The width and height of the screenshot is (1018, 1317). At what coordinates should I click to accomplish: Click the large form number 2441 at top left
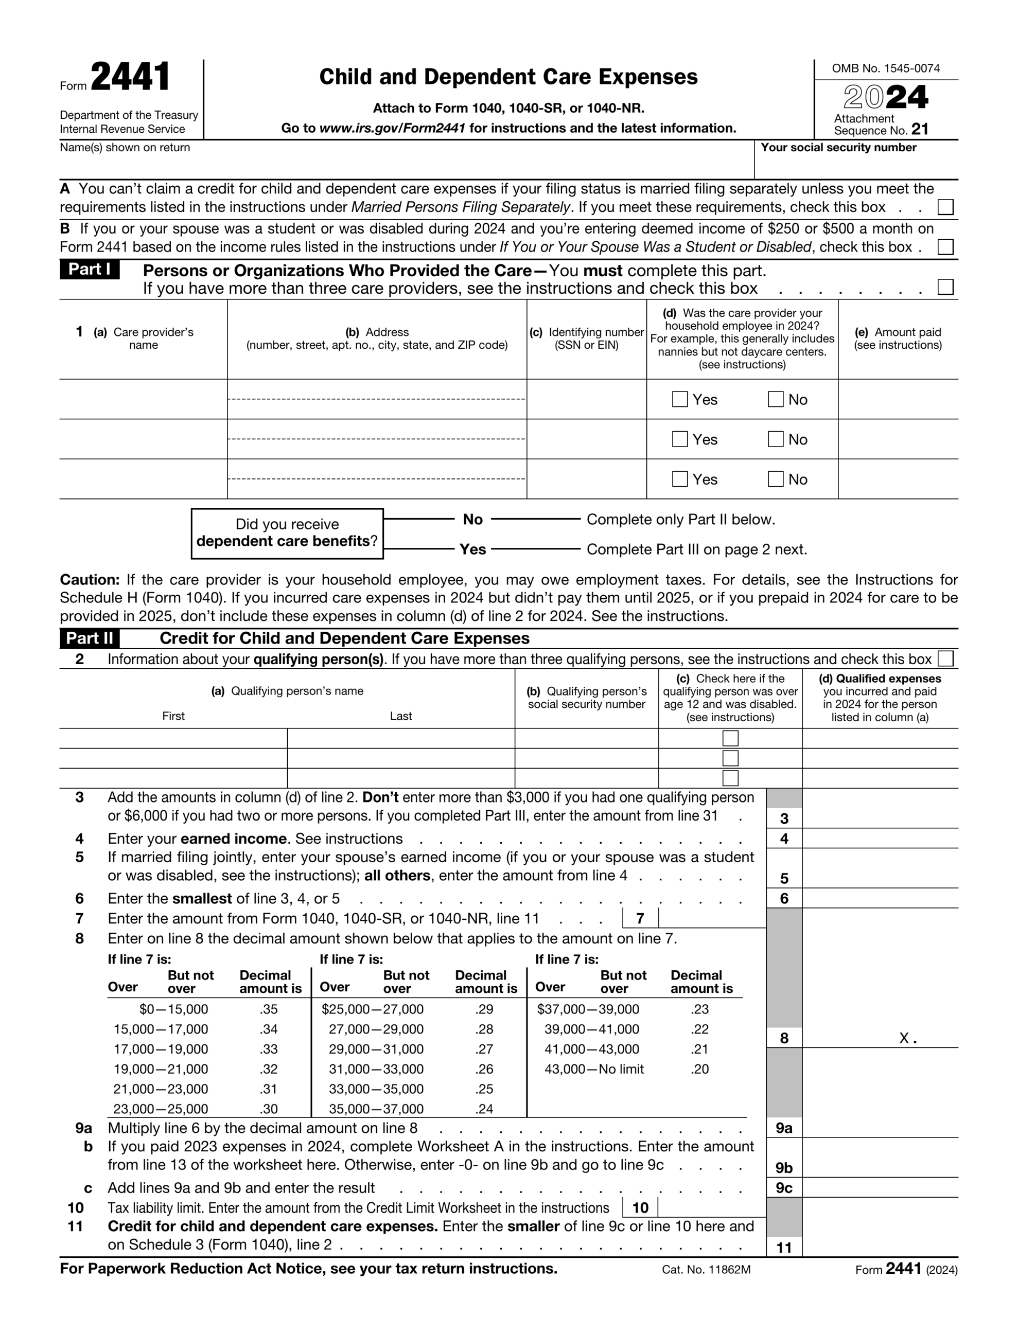(x=130, y=78)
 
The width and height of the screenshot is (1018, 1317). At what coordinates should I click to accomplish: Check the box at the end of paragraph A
(x=945, y=207)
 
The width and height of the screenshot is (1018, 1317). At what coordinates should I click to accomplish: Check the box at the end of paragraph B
(x=945, y=247)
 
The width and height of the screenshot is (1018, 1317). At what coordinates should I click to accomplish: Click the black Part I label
(x=90, y=270)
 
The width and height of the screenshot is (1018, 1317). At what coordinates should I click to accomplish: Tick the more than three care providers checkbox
(x=945, y=287)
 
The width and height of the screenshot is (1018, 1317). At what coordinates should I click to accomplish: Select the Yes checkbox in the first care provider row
(x=679, y=399)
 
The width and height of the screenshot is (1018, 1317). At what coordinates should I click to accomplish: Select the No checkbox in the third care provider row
(x=776, y=479)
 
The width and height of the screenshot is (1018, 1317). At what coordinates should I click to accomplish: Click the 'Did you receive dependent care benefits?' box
(x=287, y=533)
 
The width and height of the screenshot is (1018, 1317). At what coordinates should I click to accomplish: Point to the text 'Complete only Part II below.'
(x=681, y=520)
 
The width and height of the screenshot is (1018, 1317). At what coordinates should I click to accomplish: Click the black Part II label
(x=90, y=638)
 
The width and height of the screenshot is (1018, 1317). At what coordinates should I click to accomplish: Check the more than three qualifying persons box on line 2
(x=945, y=658)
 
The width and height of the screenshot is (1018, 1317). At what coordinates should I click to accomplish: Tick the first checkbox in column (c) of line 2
(x=730, y=738)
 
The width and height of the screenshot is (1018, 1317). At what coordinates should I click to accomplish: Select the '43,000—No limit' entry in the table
(x=594, y=1069)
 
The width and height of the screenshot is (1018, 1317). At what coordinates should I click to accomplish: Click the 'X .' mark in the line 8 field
(x=907, y=1038)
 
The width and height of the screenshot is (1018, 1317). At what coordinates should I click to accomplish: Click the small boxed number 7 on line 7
(x=640, y=918)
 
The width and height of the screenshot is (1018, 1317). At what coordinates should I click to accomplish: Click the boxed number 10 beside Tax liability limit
(x=640, y=1207)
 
